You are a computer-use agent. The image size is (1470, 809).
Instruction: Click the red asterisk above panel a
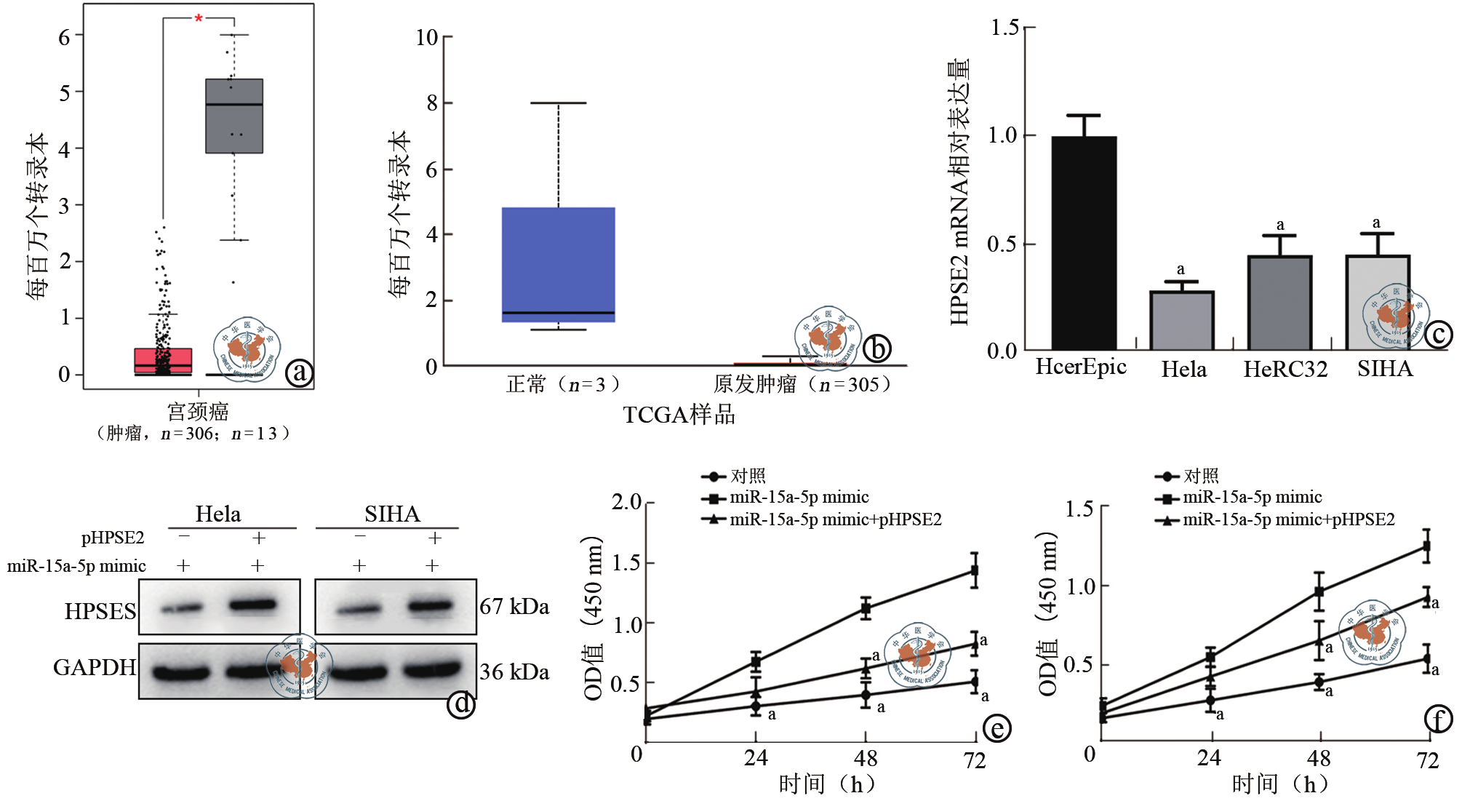point(199,18)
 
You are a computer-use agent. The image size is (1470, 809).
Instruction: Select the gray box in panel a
point(234,116)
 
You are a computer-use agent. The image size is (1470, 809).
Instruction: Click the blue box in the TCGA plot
point(559,265)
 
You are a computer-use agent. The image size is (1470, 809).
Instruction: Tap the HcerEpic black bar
point(1084,243)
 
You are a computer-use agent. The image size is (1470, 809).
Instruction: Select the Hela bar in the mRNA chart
point(1182,321)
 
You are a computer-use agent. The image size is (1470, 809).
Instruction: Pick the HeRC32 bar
point(1280,303)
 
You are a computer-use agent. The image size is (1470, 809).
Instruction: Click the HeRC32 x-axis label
point(1285,370)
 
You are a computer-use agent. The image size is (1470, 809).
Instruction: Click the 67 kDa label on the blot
point(514,607)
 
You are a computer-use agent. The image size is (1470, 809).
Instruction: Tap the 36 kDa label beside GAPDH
point(514,672)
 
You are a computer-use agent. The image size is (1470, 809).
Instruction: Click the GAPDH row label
point(95,668)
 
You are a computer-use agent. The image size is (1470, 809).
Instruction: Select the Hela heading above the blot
point(218,514)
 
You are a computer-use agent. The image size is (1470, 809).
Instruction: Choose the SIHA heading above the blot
point(392,514)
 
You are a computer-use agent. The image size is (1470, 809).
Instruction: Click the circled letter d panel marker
point(461,704)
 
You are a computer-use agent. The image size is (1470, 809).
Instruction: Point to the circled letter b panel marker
point(877,348)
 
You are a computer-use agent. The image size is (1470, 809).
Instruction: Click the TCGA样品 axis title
point(679,415)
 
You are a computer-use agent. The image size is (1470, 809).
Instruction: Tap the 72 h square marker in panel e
point(974,570)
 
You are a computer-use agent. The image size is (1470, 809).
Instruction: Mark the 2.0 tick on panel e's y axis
point(626,502)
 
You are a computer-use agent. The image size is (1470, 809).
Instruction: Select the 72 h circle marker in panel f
point(1427,659)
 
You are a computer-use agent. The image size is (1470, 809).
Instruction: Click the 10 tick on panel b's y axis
point(427,37)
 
